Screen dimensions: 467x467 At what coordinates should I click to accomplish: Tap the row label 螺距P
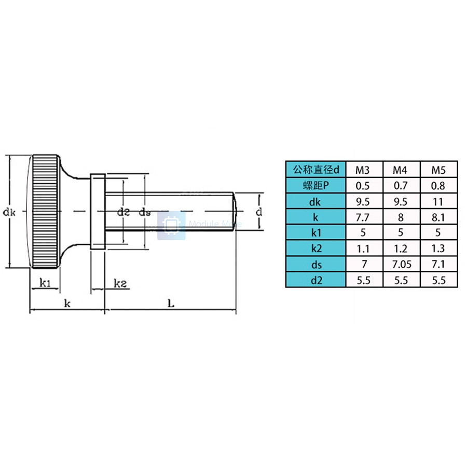pos(316,185)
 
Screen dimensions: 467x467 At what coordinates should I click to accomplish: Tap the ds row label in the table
pos(316,265)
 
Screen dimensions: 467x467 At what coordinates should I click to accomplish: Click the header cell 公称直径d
pos(316,170)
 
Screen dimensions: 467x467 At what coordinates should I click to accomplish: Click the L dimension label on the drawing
pos(171,304)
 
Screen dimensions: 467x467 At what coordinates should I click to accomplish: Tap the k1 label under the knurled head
pos(45,283)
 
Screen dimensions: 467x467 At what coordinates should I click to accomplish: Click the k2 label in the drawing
pos(121,283)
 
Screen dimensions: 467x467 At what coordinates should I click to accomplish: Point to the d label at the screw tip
pos(259,211)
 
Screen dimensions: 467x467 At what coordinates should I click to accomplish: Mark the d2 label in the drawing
pos(123,211)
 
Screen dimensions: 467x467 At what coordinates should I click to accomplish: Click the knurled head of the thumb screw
pos(45,211)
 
